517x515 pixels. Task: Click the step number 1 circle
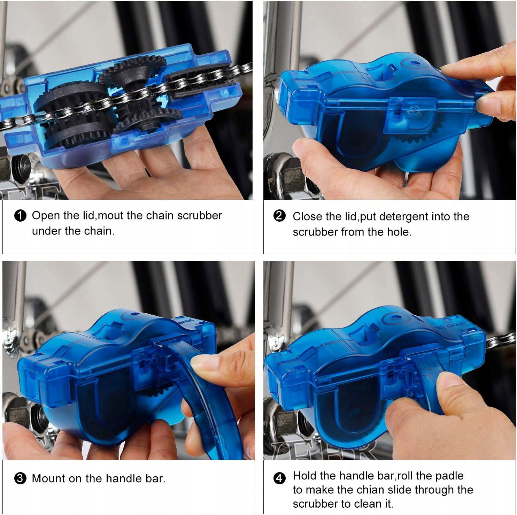21,216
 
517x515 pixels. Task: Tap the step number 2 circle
279,216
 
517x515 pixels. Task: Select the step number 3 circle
21,478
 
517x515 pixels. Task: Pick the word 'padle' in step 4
449,476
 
